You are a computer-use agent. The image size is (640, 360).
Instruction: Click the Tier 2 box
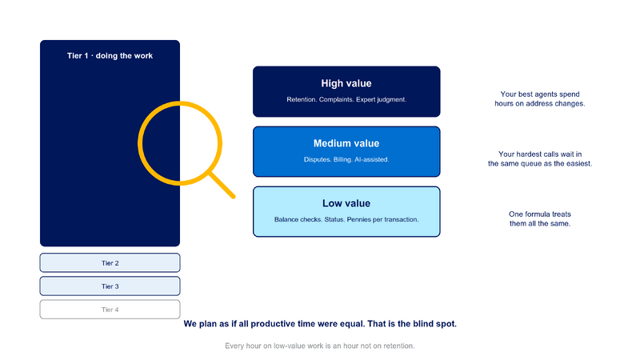click(x=110, y=263)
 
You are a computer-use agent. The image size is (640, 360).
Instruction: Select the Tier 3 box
click(x=110, y=286)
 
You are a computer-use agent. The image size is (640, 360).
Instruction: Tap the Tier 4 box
click(x=110, y=310)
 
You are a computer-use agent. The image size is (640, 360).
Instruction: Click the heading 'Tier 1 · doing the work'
click(x=110, y=55)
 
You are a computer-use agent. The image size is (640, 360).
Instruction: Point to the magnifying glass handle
click(x=222, y=186)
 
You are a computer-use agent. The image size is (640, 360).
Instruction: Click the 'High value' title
click(x=346, y=83)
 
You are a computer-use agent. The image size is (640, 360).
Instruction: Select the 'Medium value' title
click(x=346, y=143)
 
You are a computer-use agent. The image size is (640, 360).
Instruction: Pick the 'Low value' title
click(x=346, y=203)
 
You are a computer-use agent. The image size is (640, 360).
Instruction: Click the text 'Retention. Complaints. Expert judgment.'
click(x=346, y=99)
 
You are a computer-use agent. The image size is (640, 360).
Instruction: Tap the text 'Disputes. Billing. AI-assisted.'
click(x=346, y=159)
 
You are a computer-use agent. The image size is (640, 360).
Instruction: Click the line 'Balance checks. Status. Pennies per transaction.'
click(x=346, y=219)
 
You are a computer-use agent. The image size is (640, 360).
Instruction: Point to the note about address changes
click(x=539, y=98)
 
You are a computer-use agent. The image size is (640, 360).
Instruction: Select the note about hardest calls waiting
click(x=539, y=158)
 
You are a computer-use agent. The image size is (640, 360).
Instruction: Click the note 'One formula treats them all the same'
click(x=539, y=218)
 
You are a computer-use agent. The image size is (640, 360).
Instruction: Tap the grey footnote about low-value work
click(x=319, y=346)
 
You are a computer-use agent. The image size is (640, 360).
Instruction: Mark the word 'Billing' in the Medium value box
click(x=342, y=159)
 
